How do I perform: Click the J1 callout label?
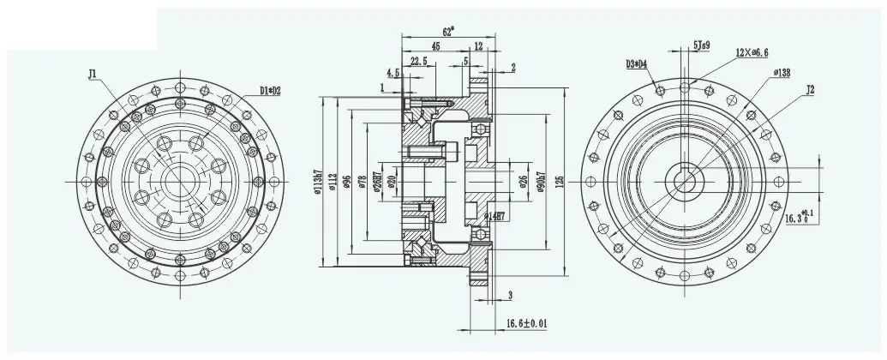click(x=93, y=75)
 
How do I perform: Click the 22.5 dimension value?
click(x=420, y=61)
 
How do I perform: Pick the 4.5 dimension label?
click(x=393, y=74)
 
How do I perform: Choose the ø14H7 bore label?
click(x=496, y=215)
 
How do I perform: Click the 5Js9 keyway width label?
click(x=701, y=44)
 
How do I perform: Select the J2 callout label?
click(x=808, y=88)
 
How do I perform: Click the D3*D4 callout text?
click(x=638, y=63)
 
